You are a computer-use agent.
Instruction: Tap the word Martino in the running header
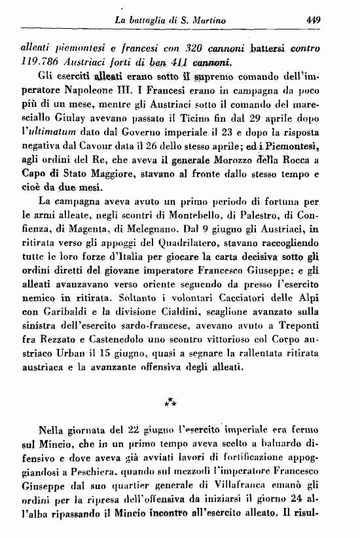pos(208,21)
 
